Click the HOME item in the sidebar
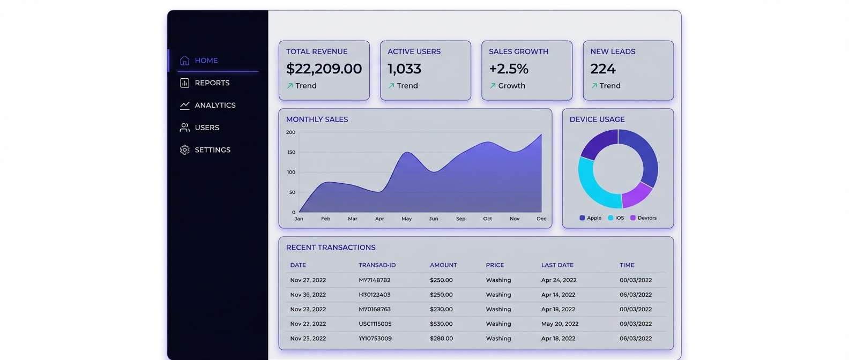pos(206,61)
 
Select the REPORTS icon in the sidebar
pos(185,83)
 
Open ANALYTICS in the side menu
pos(214,106)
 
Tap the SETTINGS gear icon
pos(185,150)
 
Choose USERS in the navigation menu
pos(206,127)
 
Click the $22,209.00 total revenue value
pos(324,69)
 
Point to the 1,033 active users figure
pos(404,69)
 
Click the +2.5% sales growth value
pos(508,69)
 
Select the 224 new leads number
pos(603,69)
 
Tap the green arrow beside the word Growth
pos(493,86)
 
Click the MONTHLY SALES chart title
pos(317,119)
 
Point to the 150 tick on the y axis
pos(291,152)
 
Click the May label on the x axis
pos(407,219)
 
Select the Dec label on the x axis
pos(541,219)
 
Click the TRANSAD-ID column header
pos(377,265)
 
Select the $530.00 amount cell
pos(441,324)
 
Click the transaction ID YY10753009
pos(375,339)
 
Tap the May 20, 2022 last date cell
pos(560,324)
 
